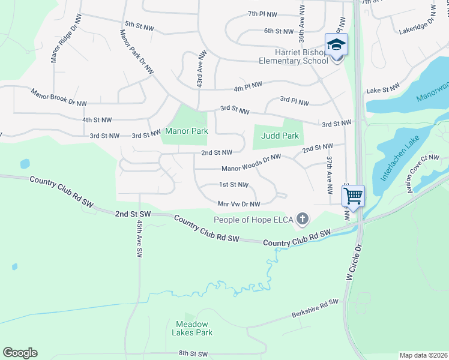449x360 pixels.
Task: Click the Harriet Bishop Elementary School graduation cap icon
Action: coord(336,44)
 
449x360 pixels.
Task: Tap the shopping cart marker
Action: coord(353,195)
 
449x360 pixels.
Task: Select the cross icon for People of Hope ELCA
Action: coord(303,220)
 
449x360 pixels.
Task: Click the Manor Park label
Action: coord(186,131)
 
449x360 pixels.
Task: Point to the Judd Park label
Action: coord(280,136)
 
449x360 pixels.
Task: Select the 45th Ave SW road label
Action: coord(139,238)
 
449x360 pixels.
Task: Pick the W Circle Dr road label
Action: coord(354,262)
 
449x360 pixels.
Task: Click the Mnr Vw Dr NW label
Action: coord(239,203)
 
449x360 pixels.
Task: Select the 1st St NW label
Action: coord(234,184)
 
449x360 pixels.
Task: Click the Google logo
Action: coord(20,353)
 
